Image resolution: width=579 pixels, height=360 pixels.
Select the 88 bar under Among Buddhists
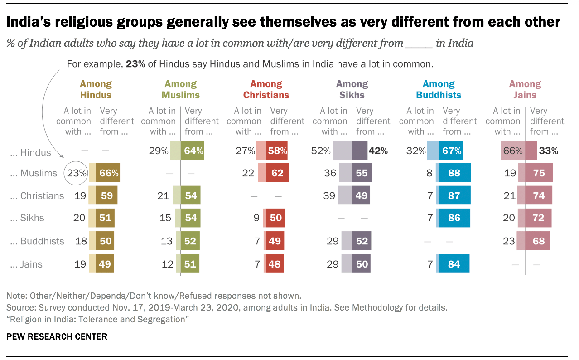(454, 173)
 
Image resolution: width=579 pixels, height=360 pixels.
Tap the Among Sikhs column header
(352, 89)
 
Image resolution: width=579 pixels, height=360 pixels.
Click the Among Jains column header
(525, 89)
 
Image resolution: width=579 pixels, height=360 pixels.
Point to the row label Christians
(42, 196)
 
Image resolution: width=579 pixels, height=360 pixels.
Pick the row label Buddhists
(42, 241)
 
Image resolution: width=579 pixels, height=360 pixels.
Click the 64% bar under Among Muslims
(193, 151)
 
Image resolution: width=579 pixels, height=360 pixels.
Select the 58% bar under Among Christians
(277, 151)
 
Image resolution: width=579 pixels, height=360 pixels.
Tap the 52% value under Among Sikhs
(321, 151)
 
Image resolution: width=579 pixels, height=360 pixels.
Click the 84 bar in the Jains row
(454, 264)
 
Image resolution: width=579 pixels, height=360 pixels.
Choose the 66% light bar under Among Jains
(513, 151)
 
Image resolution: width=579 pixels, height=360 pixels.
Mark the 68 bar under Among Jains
(538, 241)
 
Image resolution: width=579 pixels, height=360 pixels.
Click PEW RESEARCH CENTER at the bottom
(57, 336)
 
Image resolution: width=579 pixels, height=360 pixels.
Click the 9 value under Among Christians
(257, 218)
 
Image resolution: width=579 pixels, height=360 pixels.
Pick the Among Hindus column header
(96, 89)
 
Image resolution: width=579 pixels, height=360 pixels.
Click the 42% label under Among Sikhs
(377, 151)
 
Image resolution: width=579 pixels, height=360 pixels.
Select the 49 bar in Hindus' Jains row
(105, 264)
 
